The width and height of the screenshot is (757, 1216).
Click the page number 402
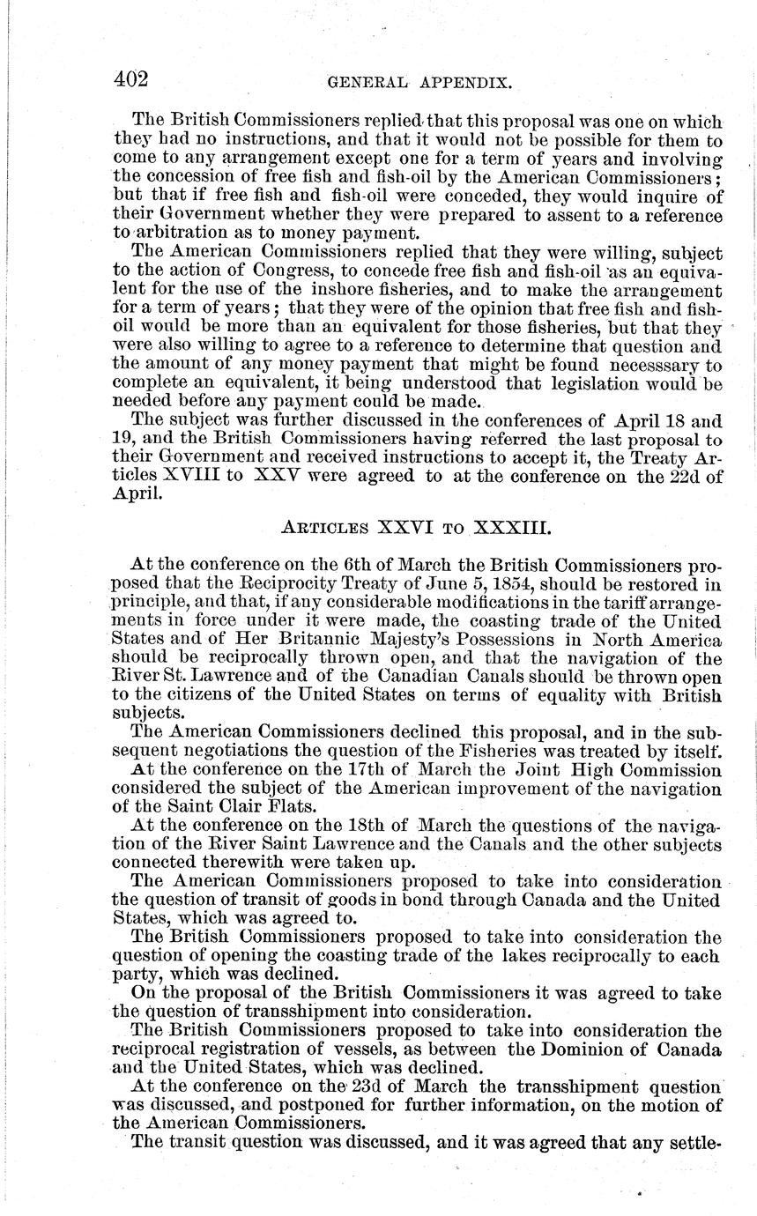(131, 78)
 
